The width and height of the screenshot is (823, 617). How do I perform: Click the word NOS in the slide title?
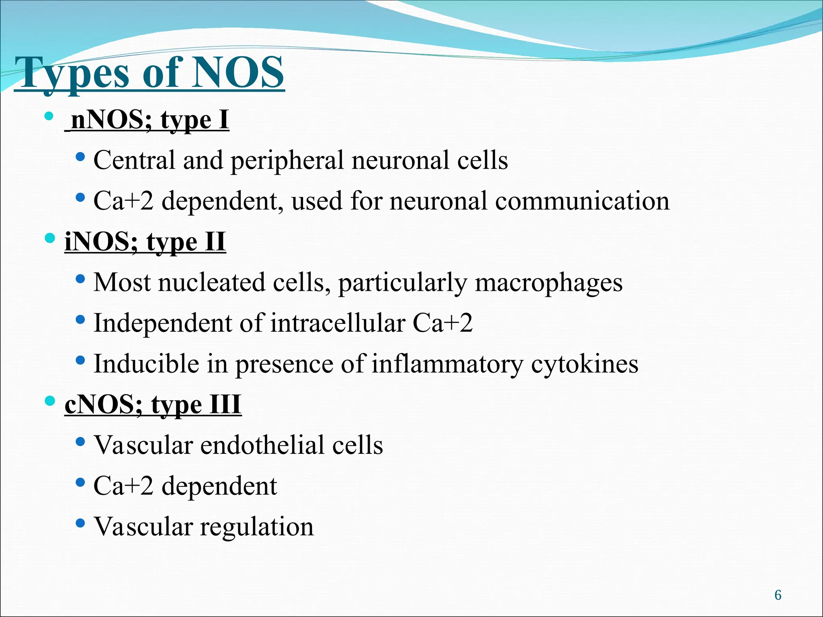click(x=237, y=73)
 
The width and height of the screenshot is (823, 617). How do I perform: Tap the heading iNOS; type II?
click(x=145, y=242)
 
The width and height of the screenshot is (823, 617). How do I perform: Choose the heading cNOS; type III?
click(x=153, y=404)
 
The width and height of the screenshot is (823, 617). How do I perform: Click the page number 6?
click(x=778, y=595)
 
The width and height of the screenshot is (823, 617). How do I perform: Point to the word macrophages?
click(x=549, y=283)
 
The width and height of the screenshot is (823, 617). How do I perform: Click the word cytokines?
click(x=585, y=364)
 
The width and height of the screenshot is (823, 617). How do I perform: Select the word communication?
click(x=582, y=201)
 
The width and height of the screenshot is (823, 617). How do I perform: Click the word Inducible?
click(x=146, y=364)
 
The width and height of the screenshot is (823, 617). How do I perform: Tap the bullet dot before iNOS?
click(x=49, y=239)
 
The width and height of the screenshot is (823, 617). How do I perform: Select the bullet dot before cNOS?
click(x=49, y=401)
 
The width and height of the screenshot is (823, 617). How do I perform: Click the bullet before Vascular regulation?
click(x=80, y=523)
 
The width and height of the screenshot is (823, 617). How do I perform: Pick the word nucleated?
click(x=212, y=282)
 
